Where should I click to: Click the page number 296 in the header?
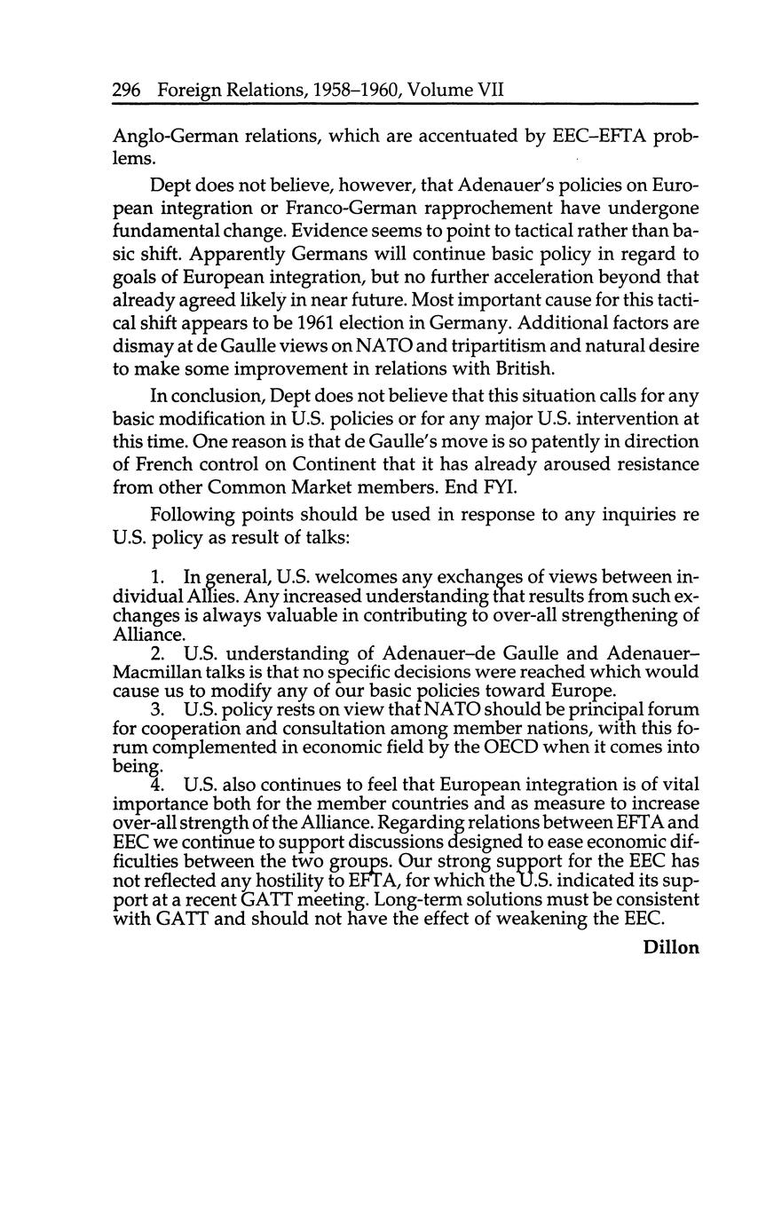point(129,90)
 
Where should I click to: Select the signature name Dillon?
point(671,947)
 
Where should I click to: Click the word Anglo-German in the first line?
point(170,137)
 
